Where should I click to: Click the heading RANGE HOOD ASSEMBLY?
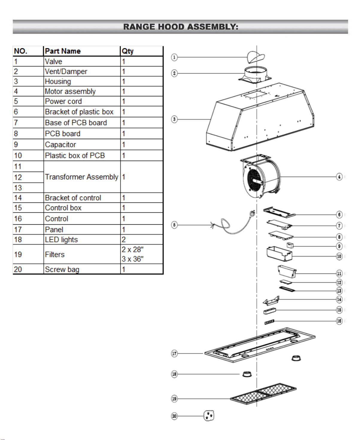(180, 27)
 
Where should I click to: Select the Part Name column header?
(63, 51)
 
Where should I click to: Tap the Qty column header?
(127, 51)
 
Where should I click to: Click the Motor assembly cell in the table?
(70, 91)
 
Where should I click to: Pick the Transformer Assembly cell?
(82, 177)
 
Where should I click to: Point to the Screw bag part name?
(62, 269)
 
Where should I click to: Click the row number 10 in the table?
(18, 156)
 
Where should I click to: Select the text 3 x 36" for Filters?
(133, 259)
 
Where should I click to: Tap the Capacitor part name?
(60, 144)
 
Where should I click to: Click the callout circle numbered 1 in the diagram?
(174, 57)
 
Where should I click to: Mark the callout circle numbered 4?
(339, 177)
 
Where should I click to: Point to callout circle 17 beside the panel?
(174, 354)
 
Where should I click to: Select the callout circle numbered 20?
(174, 416)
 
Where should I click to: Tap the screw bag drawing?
(209, 415)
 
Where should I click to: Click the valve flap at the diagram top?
(256, 57)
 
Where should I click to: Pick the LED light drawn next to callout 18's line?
(247, 374)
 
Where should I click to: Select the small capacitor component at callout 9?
(290, 245)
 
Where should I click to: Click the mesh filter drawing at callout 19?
(263, 394)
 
